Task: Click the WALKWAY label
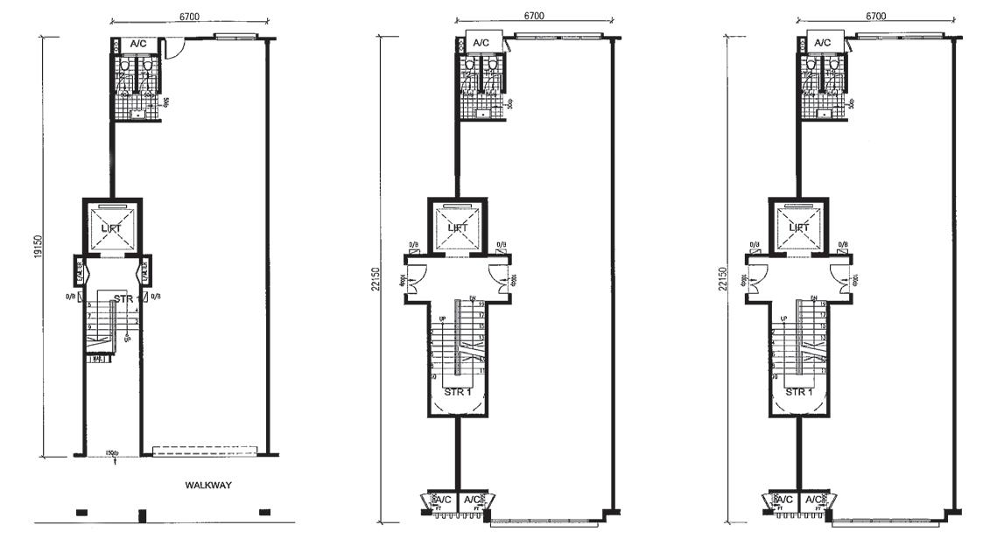click(x=207, y=485)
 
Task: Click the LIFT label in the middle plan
click(x=458, y=227)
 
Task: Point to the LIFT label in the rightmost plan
click(x=799, y=227)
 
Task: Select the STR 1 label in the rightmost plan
click(x=799, y=392)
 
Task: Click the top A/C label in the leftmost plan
click(x=138, y=43)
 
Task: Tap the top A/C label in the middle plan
click(x=481, y=43)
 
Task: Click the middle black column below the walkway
click(x=143, y=515)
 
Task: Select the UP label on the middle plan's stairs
click(x=441, y=318)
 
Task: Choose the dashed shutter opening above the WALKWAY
click(x=205, y=451)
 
